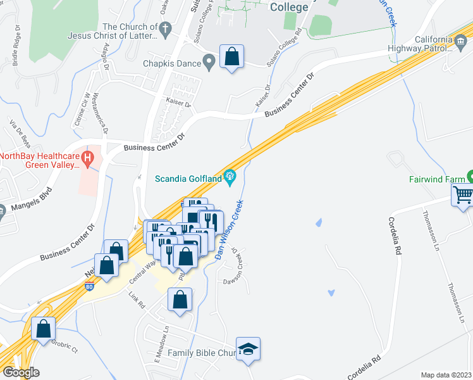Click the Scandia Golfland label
[x=188, y=179]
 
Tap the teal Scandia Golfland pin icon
[x=230, y=177]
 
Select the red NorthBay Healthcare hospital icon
[x=89, y=156]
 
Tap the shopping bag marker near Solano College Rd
[x=231, y=56]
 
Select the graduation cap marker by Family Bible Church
[x=249, y=349]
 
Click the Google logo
[x=21, y=373]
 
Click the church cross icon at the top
[x=166, y=28]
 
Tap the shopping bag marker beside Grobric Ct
[x=44, y=329]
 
